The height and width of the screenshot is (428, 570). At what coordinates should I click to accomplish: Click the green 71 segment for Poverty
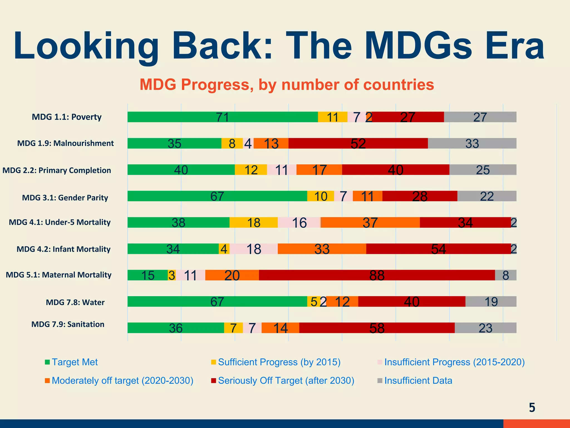[x=223, y=117]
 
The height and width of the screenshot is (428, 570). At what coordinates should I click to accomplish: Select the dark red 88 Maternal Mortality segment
[x=377, y=275]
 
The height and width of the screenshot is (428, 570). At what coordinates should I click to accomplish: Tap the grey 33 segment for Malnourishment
[x=472, y=143]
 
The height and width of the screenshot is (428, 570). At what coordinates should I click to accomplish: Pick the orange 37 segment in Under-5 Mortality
[x=370, y=222]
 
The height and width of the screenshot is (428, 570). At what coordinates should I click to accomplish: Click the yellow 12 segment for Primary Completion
[x=251, y=170]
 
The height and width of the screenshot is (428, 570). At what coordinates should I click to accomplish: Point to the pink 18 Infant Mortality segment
[x=254, y=249]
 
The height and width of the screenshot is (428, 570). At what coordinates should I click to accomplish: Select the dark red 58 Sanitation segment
[x=377, y=328]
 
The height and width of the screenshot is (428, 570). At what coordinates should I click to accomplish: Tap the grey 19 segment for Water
[x=491, y=301]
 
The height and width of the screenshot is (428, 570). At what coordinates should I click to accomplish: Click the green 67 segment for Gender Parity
[x=217, y=196]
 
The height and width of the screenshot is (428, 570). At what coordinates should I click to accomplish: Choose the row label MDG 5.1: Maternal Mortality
[x=58, y=275]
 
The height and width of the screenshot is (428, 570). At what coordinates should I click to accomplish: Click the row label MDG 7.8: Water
[x=75, y=302]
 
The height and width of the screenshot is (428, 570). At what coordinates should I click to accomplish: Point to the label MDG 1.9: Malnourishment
[x=65, y=143]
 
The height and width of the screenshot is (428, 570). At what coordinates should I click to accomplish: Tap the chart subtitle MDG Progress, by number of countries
[x=287, y=84]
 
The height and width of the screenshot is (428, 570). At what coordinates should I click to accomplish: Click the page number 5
[x=532, y=407]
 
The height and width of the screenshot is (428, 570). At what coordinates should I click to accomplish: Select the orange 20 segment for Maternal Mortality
[x=232, y=275]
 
